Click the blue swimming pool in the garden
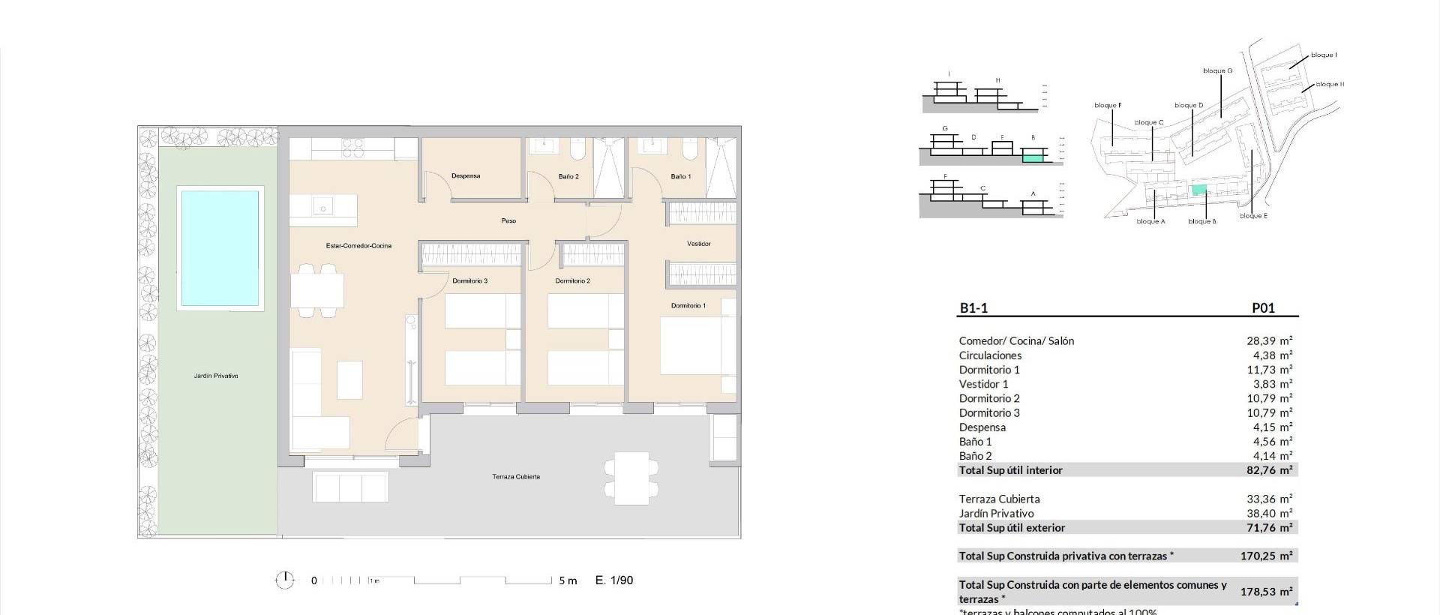[x=220, y=248]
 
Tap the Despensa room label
[x=466, y=176]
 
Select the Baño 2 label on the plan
[x=568, y=177]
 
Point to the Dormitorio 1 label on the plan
[x=688, y=306]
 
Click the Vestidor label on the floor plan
[x=698, y=244]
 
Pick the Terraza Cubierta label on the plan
[x=516, y=477]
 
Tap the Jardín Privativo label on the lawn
[x=216, y=376]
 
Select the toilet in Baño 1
[x=691, y=154]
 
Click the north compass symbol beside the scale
[x=285, y=580]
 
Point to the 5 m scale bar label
[x=568, y=580]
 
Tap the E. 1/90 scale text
[x=614, y=580]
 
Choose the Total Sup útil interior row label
[x=1010, y=470]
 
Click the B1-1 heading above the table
[x=973, y=307]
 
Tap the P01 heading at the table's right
[x=1263, y=307]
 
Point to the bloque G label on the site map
[x=1217, y=71]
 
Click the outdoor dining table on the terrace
[x=627, y=478]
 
